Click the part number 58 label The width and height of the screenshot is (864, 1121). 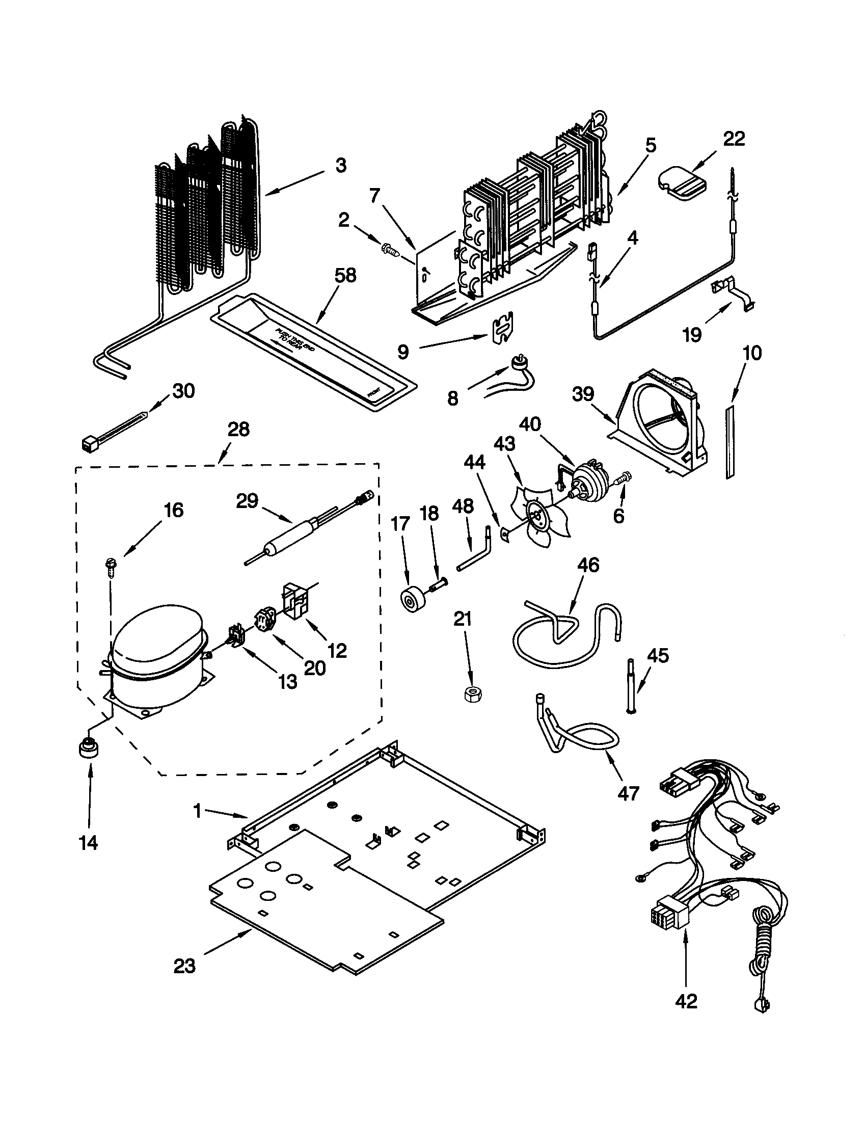345,276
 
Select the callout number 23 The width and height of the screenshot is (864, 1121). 184,966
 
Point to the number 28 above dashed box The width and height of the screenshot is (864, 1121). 238,429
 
